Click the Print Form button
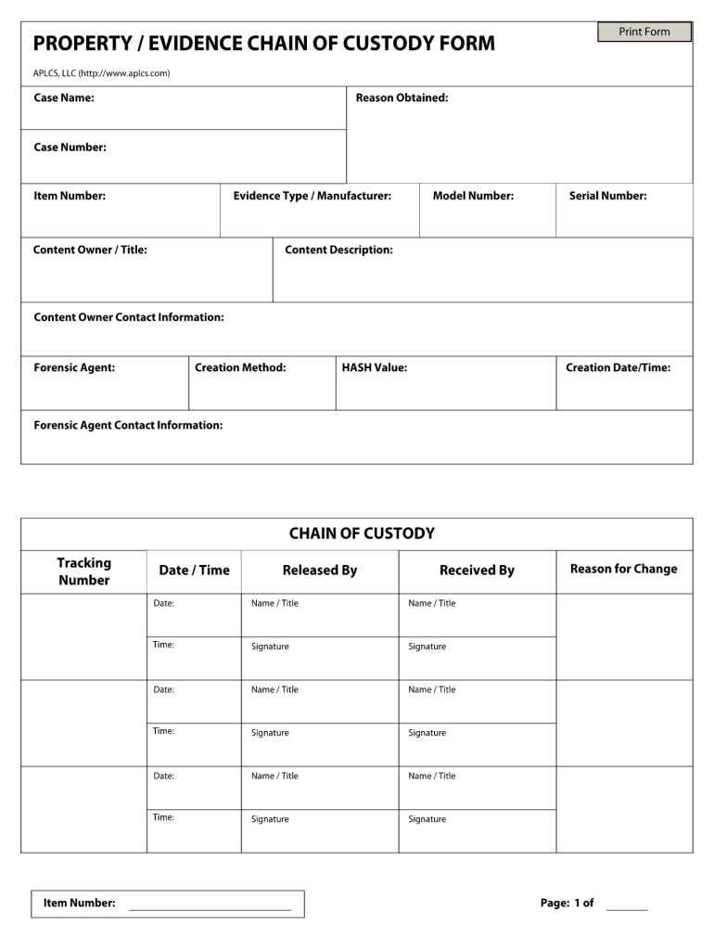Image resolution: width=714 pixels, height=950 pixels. [644, 32]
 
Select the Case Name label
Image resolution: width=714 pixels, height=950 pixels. [64, 97]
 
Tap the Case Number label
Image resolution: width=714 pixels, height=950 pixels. [70, 147]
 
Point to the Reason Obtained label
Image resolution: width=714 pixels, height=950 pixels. [402, 97]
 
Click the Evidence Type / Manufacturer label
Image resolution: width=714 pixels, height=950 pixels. [312, 196]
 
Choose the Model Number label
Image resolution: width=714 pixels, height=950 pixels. [473, 196]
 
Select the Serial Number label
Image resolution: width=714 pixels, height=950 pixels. [607, 196]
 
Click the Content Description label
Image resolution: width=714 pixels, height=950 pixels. [338, 250]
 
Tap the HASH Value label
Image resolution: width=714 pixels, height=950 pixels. [374, 367]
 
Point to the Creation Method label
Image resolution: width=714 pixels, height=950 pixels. [240, 367]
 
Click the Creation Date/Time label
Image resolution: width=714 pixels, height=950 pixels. [618, 367]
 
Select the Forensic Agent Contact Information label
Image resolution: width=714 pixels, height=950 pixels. [128, 425]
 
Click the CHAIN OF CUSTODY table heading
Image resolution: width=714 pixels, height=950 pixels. [362, 533]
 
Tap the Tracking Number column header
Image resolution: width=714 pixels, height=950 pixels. [83, 571]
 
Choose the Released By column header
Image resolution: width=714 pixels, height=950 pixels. [319, 570]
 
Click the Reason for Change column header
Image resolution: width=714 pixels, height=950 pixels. [623, 569]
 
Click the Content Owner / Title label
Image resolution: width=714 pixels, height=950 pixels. [90, 250]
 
